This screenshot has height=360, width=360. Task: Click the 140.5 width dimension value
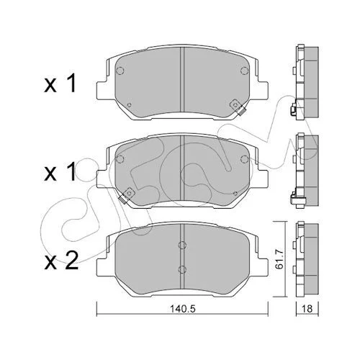coord(183,309)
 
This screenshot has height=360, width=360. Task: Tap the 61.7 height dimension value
coord(280,259)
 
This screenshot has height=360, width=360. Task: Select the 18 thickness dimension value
coord(307,309)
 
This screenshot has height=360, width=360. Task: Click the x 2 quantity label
coord(61,261)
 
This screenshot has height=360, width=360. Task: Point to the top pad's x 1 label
coord(60,84)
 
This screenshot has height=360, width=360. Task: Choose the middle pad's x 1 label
coord(60,171)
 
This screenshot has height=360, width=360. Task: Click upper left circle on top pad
coord(120,71)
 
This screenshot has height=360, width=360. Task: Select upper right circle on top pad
coord(244,71)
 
